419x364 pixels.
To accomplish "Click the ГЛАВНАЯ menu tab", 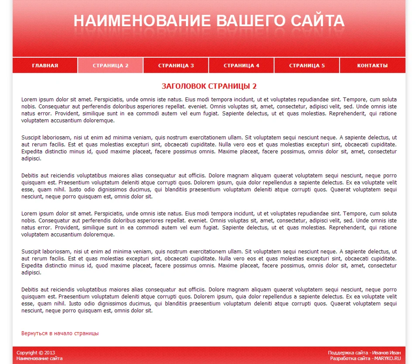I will [45, 66].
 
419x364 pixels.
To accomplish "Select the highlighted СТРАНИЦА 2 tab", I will [110, 66].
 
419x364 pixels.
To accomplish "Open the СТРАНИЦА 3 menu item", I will [176, 66].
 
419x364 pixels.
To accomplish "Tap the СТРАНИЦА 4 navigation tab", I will [241, 66].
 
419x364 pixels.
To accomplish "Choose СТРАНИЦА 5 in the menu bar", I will [307, 66].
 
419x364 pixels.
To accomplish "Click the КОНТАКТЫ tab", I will [372, 66].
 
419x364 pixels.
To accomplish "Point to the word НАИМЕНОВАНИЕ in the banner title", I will [142, 21].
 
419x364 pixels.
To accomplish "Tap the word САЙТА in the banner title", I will [318, 21].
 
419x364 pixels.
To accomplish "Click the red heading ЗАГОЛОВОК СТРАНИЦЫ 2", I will [209, 86].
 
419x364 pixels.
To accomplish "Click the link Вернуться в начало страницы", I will [60, 333].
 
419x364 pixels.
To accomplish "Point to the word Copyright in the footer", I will [27, 353].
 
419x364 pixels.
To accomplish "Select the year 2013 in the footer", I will [50, 353].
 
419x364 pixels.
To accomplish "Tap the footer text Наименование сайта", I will [39, 358].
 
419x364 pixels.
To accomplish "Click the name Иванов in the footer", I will [380, 353].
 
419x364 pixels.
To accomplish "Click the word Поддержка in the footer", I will [341, 353].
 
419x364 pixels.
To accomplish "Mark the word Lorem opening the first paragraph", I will [28, 100].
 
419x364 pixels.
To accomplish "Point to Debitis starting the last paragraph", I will [31, 290].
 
